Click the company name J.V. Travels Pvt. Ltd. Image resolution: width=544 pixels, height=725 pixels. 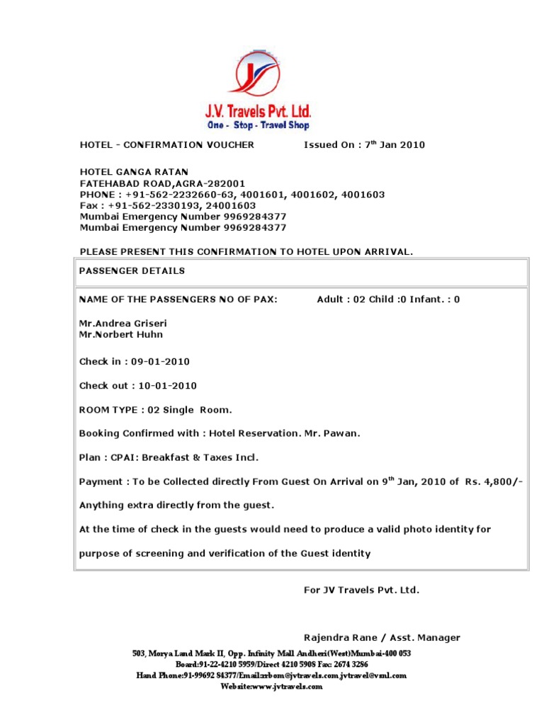pos(258,112)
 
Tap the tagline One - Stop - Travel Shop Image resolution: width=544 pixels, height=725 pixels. pos(258,125)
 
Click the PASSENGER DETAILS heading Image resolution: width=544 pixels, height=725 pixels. pos(132,270)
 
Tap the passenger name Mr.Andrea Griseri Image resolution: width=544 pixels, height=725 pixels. pos(123,323)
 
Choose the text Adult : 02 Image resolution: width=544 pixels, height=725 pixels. pos(341,299)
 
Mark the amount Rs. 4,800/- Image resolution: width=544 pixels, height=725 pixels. pos(494,481)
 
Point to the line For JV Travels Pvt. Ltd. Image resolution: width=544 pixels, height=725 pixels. pos(361,589)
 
